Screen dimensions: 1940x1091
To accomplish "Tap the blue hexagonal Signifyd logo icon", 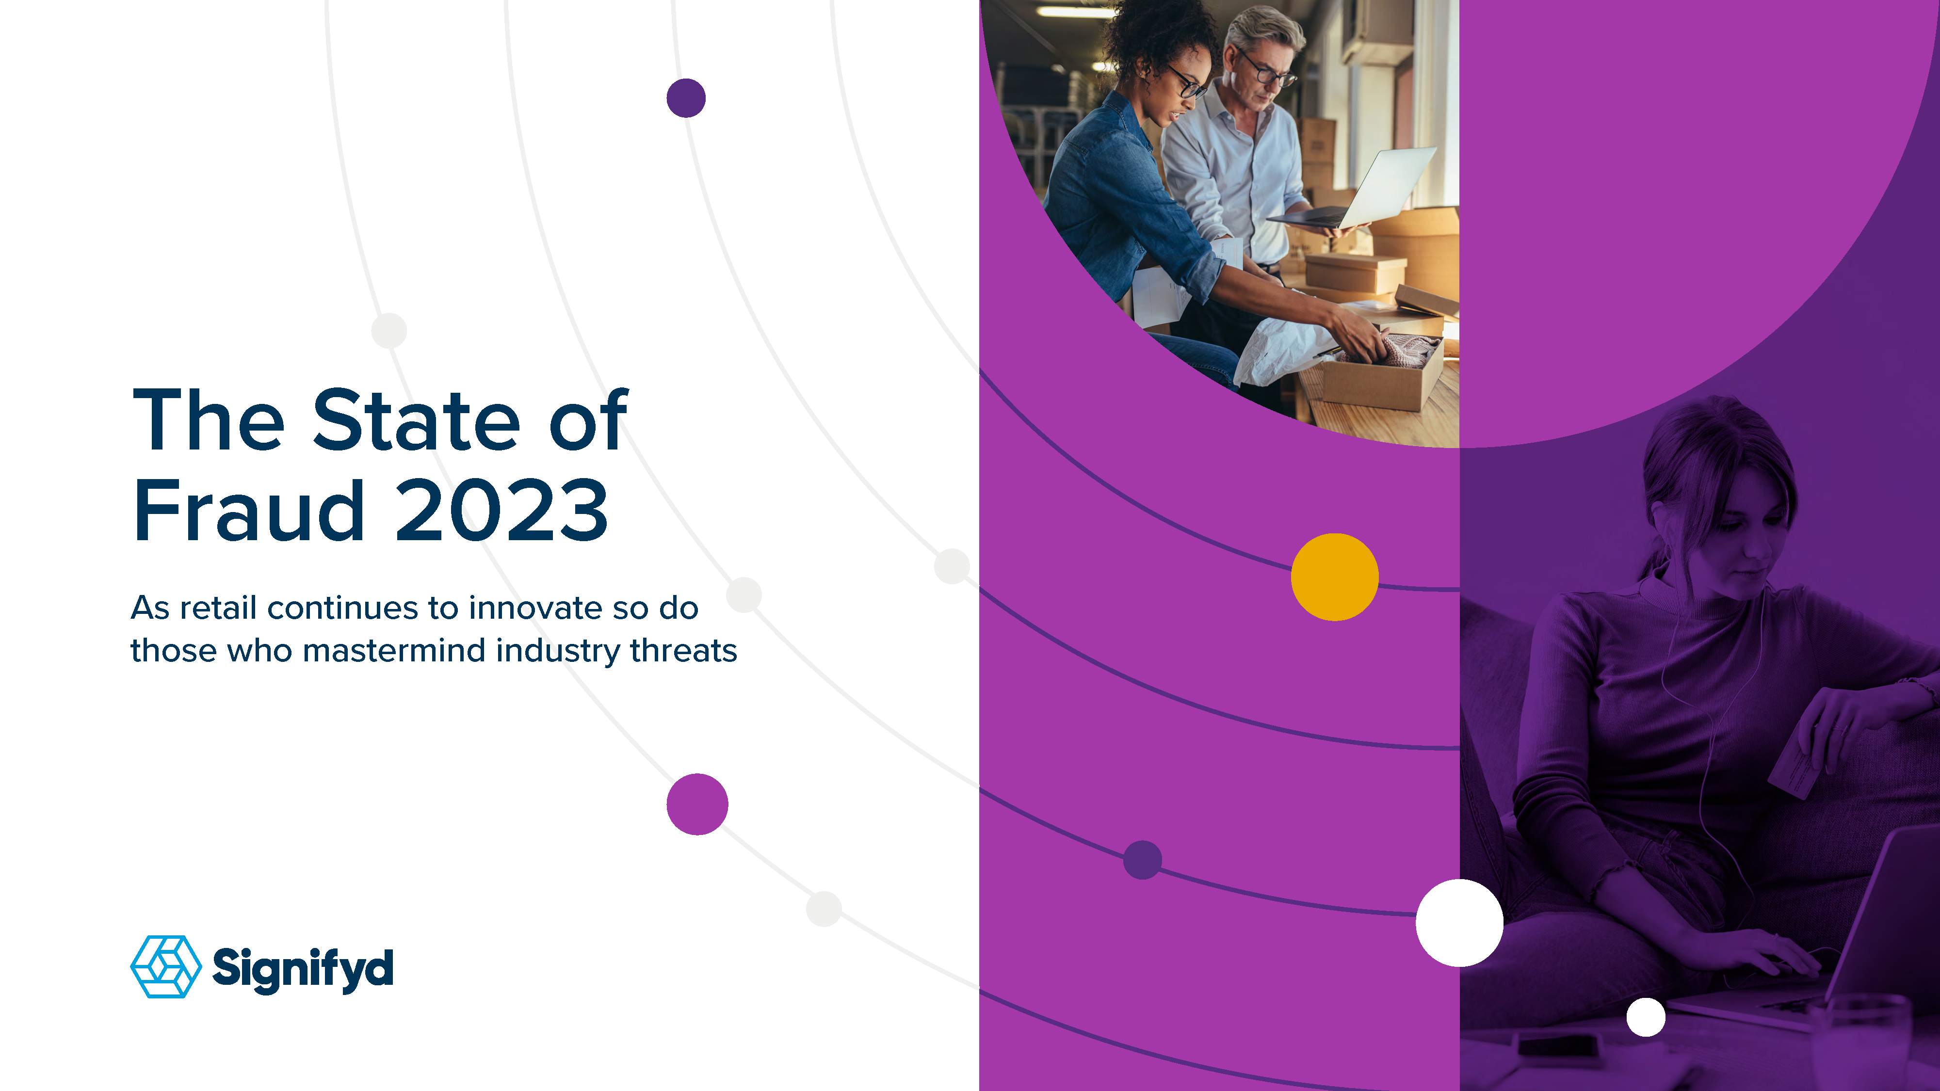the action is (x=166, y=967).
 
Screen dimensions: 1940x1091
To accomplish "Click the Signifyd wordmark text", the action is (x=303, y=969).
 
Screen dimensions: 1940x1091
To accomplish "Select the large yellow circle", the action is (x=1335, y=577).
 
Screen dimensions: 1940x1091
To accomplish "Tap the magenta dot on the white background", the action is (x=697, y=804).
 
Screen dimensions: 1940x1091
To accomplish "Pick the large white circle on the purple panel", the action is (x=1459, y=922).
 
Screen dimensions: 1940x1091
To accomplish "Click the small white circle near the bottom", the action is (x=1646, y=1017).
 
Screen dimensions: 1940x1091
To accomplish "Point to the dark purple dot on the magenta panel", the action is (x=1143, y=860).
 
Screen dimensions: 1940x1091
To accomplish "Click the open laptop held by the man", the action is (x=1356, y=188).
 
